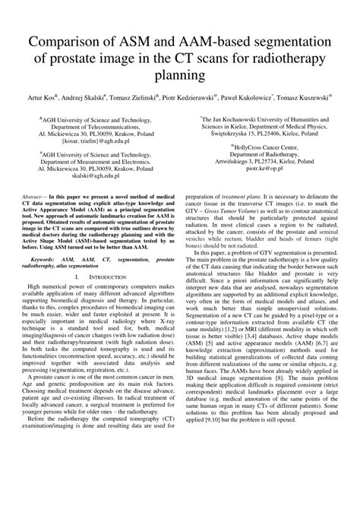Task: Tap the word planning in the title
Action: tap(179, 76)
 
